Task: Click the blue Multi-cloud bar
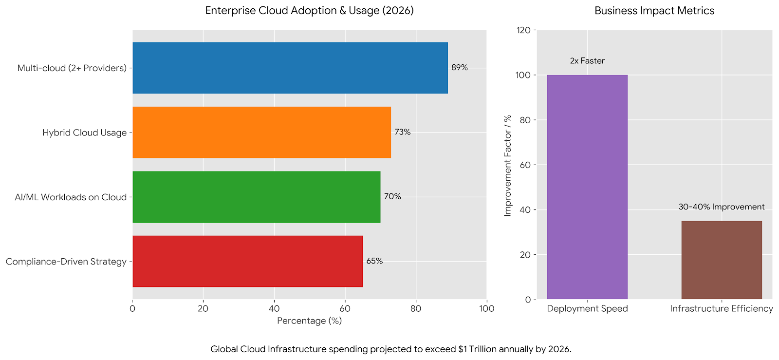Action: coord(290,68)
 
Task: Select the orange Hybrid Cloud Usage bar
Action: coord(261,133)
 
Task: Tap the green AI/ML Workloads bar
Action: coord(256,197)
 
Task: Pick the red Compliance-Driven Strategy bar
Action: coord(247,261)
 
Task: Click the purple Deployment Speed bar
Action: coord(587,187)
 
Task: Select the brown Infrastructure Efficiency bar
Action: coord(722,260)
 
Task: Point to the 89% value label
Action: coord(459,68)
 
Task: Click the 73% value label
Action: coord(402,132)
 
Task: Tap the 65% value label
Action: coord(374,261)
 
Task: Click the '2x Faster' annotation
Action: coord(587,61)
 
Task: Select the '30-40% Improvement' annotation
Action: coord(722,207)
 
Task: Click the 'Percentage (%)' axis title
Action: coord(309,321)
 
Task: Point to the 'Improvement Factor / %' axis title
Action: coord(508,166)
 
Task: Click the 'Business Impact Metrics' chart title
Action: coord(654,11)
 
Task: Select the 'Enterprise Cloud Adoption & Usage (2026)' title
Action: coord(309,11)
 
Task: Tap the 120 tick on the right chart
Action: coord(523,30)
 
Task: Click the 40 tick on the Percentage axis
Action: coord(274,308)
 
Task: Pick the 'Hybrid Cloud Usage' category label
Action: coord(84,133)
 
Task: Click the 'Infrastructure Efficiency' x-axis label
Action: coord(722,308)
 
